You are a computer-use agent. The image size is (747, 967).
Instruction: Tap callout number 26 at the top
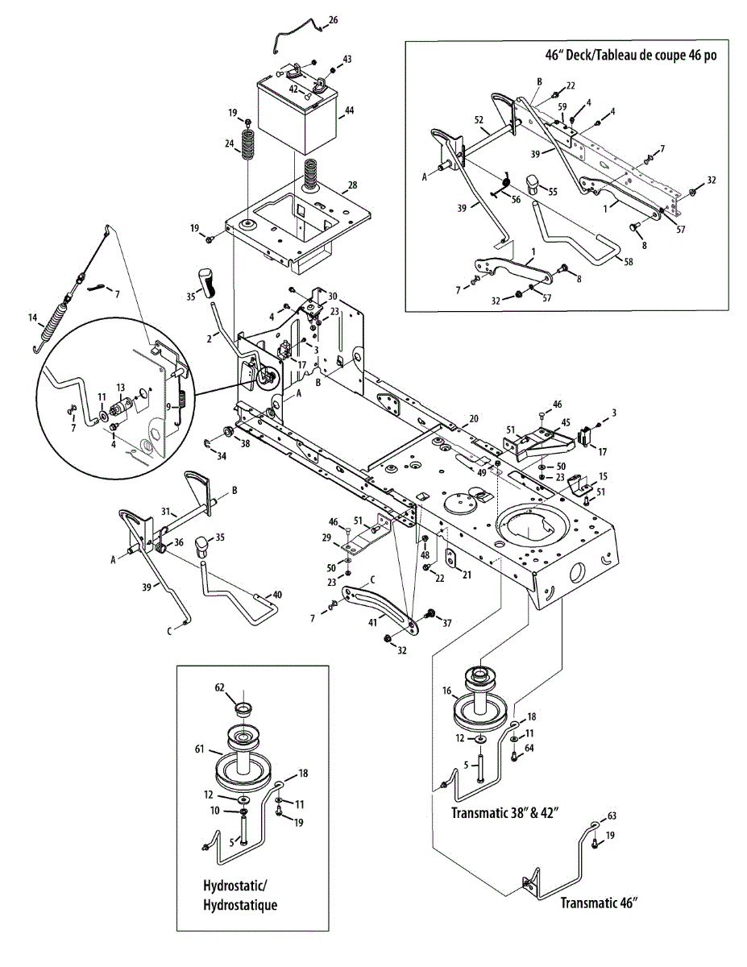[334, 20]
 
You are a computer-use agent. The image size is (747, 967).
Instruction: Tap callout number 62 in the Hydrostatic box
[219, 688]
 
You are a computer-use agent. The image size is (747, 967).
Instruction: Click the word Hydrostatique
[240, 905]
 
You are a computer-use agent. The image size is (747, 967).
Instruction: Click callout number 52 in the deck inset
[479, 119]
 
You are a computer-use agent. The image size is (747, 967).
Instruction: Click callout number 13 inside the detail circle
[121, 388]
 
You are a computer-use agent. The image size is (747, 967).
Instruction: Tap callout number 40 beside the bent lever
[277, 595]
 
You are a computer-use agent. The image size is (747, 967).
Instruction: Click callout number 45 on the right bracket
[566, 421]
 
